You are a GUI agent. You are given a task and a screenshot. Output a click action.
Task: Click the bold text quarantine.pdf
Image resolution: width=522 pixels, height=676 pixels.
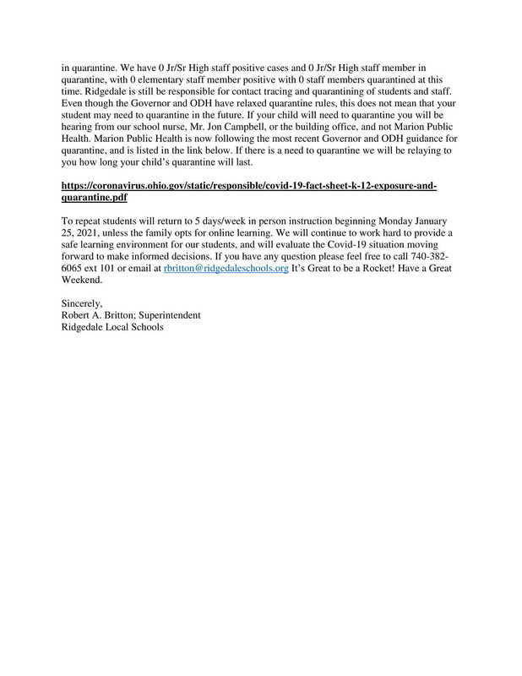pyautogui.click(x=95, y=197)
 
